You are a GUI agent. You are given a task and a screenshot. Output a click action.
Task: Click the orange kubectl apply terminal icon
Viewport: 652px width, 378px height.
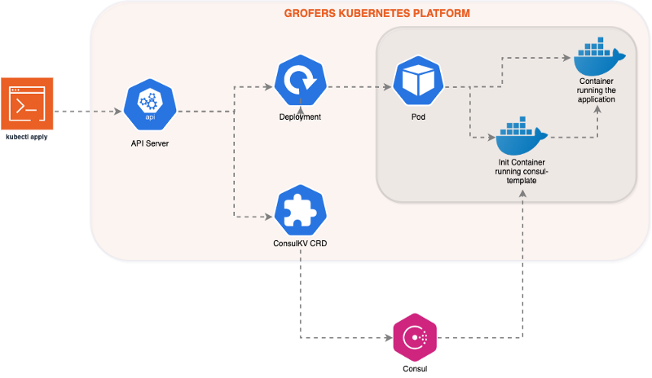(x=27, y=103)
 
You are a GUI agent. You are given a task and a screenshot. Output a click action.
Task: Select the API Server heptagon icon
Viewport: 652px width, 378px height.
(x=150, y=105)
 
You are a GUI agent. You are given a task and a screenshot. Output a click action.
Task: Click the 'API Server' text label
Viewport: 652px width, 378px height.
(x=150, y=143)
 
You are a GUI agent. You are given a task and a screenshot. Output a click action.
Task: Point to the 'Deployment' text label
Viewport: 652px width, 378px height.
(x=300, y=117)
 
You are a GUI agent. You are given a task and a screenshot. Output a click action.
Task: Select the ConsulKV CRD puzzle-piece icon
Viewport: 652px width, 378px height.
(x=300, y=209)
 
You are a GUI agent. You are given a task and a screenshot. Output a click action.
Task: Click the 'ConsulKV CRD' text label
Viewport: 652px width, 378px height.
(x=300, y=244)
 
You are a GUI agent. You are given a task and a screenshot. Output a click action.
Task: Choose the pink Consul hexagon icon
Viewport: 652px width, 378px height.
(x=415, y=336)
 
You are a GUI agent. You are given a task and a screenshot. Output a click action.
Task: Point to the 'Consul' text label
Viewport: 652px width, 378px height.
(x=415, y=369)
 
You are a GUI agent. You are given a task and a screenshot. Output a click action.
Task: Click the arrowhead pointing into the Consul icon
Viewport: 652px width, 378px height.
(x=387, y=336)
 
